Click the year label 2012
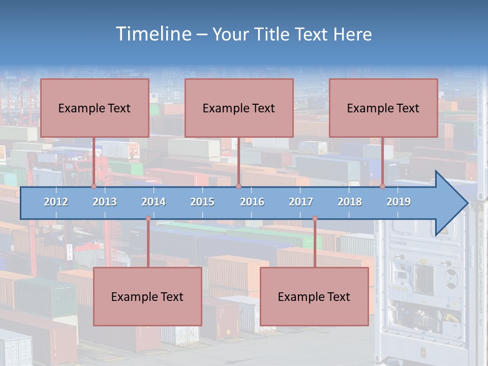56,202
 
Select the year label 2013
105,202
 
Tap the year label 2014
154,202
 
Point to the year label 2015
202,202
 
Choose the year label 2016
252,202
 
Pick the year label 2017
301,202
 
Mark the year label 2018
350,202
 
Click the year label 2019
399,202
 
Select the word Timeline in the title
153,34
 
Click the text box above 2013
95,108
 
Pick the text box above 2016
239,108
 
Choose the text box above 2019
383,108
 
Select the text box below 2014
147,296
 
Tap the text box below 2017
314,296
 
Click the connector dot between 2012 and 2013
94,186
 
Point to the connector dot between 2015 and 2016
238,186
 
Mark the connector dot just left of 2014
148,219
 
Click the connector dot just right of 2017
315,219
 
